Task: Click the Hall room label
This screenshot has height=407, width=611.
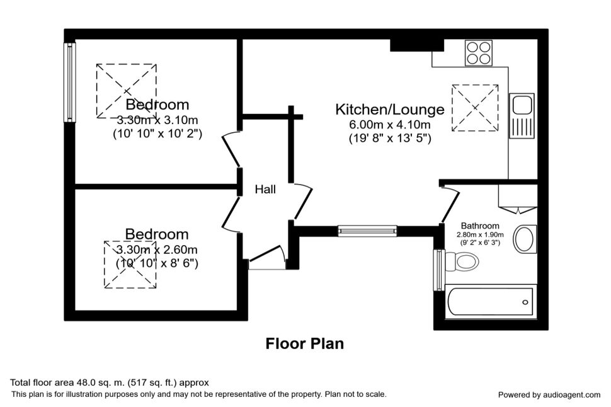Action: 265,190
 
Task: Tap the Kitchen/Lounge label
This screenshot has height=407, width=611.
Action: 390,109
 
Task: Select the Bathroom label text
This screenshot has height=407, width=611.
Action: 480,226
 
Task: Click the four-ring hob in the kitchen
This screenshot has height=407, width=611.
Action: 479,53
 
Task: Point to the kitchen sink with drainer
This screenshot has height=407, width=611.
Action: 522,115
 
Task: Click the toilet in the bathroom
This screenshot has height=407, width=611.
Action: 462,261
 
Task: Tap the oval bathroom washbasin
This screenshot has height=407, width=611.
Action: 525,239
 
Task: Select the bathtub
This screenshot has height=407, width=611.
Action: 490,302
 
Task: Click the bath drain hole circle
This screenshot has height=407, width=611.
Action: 525,302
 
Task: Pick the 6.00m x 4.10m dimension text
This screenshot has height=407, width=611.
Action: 390,125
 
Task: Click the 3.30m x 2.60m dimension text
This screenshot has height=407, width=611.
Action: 157,249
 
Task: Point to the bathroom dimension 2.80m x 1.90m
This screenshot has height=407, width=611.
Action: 480,235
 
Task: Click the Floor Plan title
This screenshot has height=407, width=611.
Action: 305,343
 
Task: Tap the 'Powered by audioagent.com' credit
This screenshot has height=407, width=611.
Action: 549,395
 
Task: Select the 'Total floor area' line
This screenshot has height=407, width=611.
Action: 110,382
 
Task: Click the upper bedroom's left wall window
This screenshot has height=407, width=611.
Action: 70,82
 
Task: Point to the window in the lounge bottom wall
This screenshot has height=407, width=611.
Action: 367,231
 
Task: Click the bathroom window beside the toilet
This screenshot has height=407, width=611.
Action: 440,270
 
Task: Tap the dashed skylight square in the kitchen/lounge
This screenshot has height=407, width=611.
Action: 475,108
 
